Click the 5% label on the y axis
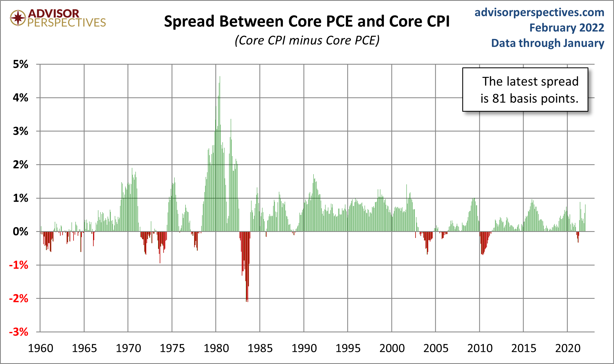pyautogui.click(x=20, y=64)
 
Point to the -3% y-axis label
pyautogui.click(x=19, y=332)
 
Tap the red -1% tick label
pyautogui.click(x=19, y=265)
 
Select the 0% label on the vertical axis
pyautogui.click(x=20, y=232)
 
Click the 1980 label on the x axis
pyautogui.click(x=216, y=348)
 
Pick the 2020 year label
pyautogui.click(x=567, y=348)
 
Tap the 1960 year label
pyautogui.click(x=40, y=348)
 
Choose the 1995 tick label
pyautogui.click(x=348, y=348)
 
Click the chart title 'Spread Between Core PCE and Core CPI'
pyautogui.click(x=307, y=21)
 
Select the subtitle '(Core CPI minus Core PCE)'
pyautogui.click(x=307, y=40)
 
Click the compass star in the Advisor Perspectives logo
pyautogui.click(x=18, y=18)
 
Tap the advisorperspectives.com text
pyautogui.click(x=539, y=12)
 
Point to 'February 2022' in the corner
pyautogui.click(x=566, y=28)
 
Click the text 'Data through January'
pyautogui.click(x=547, y=43)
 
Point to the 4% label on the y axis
pyautogui.click(x=20, y=98)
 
